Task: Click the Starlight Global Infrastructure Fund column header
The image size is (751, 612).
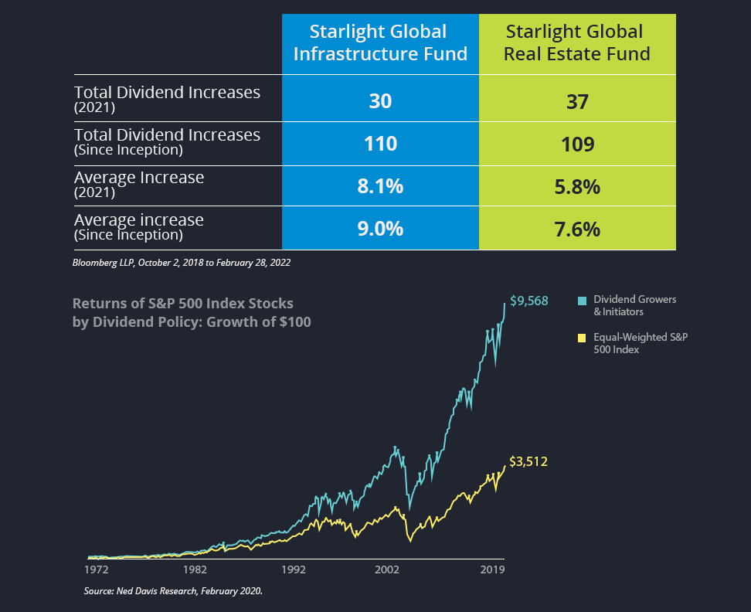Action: coord(380,42)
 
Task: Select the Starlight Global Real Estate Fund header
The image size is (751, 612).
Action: coord(577,42)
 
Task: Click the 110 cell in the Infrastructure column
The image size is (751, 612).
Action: coord(380,143)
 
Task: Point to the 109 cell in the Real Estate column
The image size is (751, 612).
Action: coord(577,143)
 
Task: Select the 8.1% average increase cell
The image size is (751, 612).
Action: coord(380,186)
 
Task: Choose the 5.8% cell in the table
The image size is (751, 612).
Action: coord(577,186)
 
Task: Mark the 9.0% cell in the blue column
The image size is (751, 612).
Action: coord(380,229)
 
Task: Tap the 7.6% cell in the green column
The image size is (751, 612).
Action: coord(577,229)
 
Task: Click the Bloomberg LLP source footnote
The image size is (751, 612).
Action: coord(182,263)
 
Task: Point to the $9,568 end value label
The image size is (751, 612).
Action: coord(528,301)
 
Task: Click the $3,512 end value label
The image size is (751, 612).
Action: coord(528,462)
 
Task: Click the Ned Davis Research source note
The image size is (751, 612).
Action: coord(173,591)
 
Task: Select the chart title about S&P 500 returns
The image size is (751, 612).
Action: coord(192,311)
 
